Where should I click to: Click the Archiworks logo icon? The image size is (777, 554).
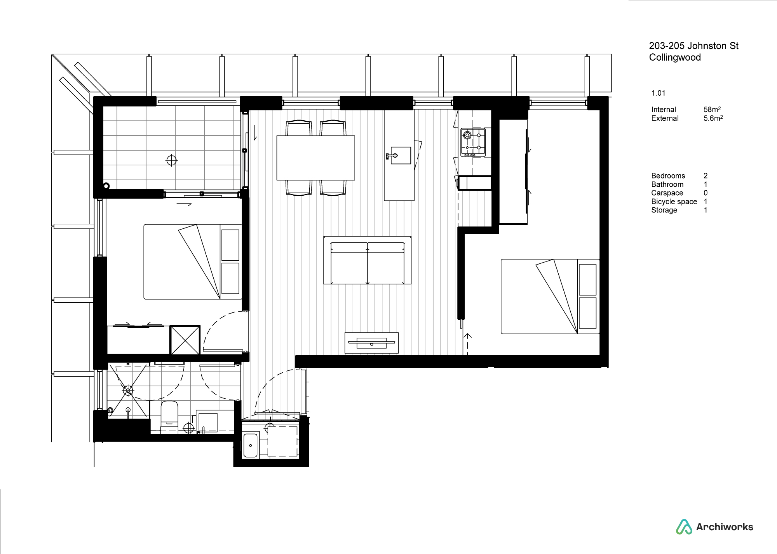[684, 527]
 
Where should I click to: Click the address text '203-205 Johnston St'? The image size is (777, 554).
[694, 46]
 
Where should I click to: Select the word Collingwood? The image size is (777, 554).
[675, 58]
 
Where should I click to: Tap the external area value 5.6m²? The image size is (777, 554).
[713, 118]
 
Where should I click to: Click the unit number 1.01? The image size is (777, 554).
[659, 93]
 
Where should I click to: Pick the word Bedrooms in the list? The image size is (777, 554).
[668, 176]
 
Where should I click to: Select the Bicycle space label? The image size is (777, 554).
[674, 202]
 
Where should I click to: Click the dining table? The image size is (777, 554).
[316, 158]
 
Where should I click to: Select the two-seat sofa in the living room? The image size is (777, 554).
[367, 260]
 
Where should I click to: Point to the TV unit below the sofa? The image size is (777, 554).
[372, 343]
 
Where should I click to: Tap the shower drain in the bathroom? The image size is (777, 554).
[128, 390]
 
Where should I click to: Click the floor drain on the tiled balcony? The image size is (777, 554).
[171, 160]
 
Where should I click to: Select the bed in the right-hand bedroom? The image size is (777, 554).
[550, 296]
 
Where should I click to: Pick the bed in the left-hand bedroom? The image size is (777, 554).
[193, 261]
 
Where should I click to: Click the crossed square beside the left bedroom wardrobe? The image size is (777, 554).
[185, 340]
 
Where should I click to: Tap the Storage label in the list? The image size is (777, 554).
[664, 210]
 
